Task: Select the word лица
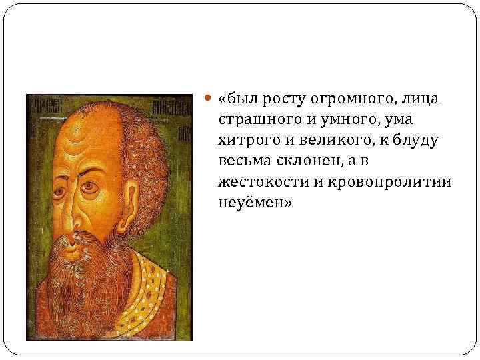point(420,100)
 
